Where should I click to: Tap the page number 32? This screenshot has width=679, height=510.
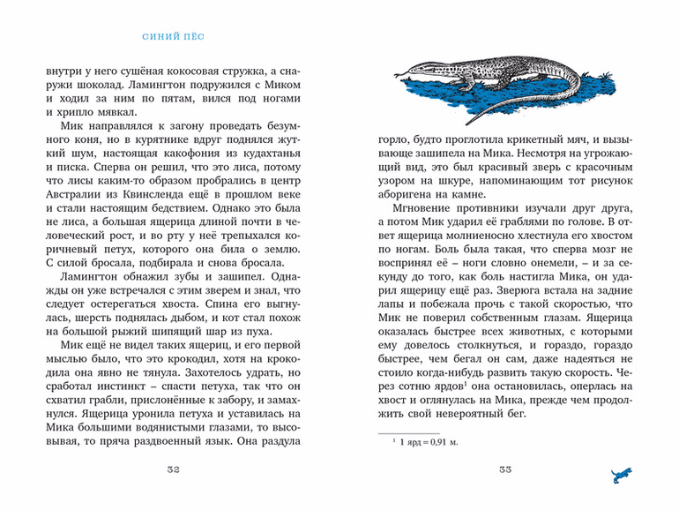click(173, 469)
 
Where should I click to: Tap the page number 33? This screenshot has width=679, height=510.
click(505, 469)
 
